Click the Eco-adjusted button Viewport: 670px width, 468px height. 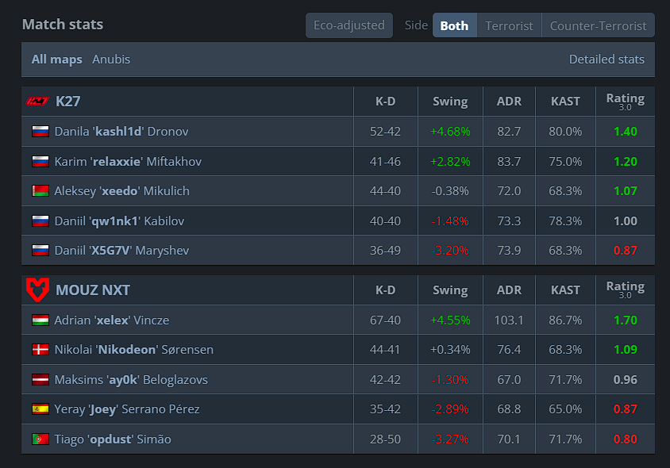coord(349,25)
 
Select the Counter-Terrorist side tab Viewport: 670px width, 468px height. coord(598,25)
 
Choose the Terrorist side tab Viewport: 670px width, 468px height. coord(509,25)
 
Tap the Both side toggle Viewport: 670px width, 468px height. coord(454,25)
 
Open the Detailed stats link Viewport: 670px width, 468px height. coord(606,59)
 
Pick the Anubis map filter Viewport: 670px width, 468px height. coord(111,59)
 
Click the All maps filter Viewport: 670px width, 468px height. coord(57,59)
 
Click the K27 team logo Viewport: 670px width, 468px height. coord(37,102)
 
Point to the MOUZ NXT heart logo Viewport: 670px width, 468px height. coord(37,290)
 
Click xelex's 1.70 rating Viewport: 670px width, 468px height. coord(625,320)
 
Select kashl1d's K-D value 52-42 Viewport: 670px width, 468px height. coord(385,132)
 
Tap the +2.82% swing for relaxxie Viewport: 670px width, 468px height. coord(450,162)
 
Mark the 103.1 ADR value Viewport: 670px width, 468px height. coord(509,320)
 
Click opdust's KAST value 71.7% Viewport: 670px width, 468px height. coord(565,439)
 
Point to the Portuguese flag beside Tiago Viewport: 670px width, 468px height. coord(40,439)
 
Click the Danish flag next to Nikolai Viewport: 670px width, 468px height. coord(40,350)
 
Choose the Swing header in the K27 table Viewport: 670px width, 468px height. coord(450,102)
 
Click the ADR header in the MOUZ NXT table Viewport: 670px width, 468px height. coord(509,290)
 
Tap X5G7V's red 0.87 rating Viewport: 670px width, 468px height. coord(625,251)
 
